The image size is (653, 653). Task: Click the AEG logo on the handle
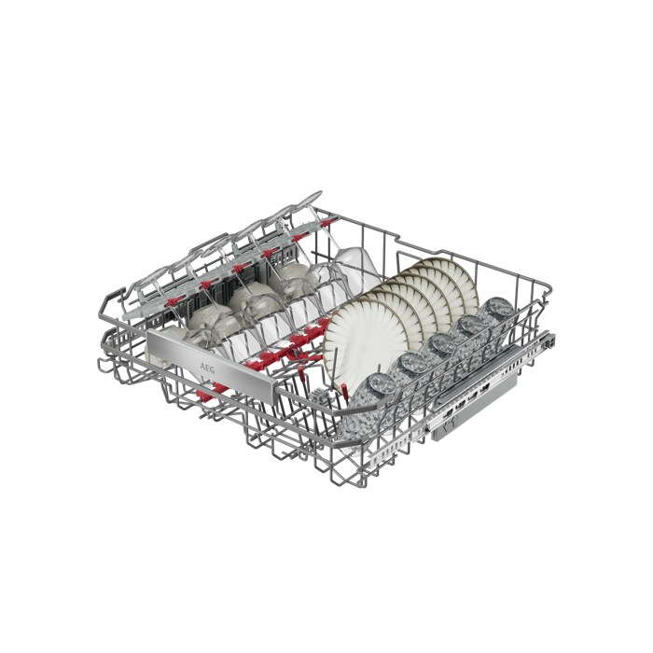point(207,368)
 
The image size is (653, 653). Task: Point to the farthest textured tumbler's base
point(499,307)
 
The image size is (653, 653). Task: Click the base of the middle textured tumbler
point(442,343)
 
